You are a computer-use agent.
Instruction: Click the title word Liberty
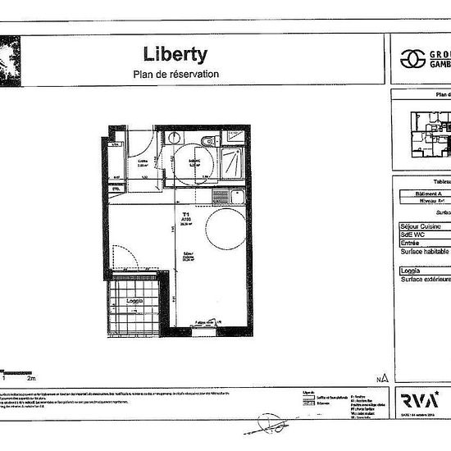[x=176, y=55]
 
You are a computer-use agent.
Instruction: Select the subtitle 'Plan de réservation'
[x=176, y=75]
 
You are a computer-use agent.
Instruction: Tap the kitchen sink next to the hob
[x=219, y=195]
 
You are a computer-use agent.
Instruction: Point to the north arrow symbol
[x=383, y=377]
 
